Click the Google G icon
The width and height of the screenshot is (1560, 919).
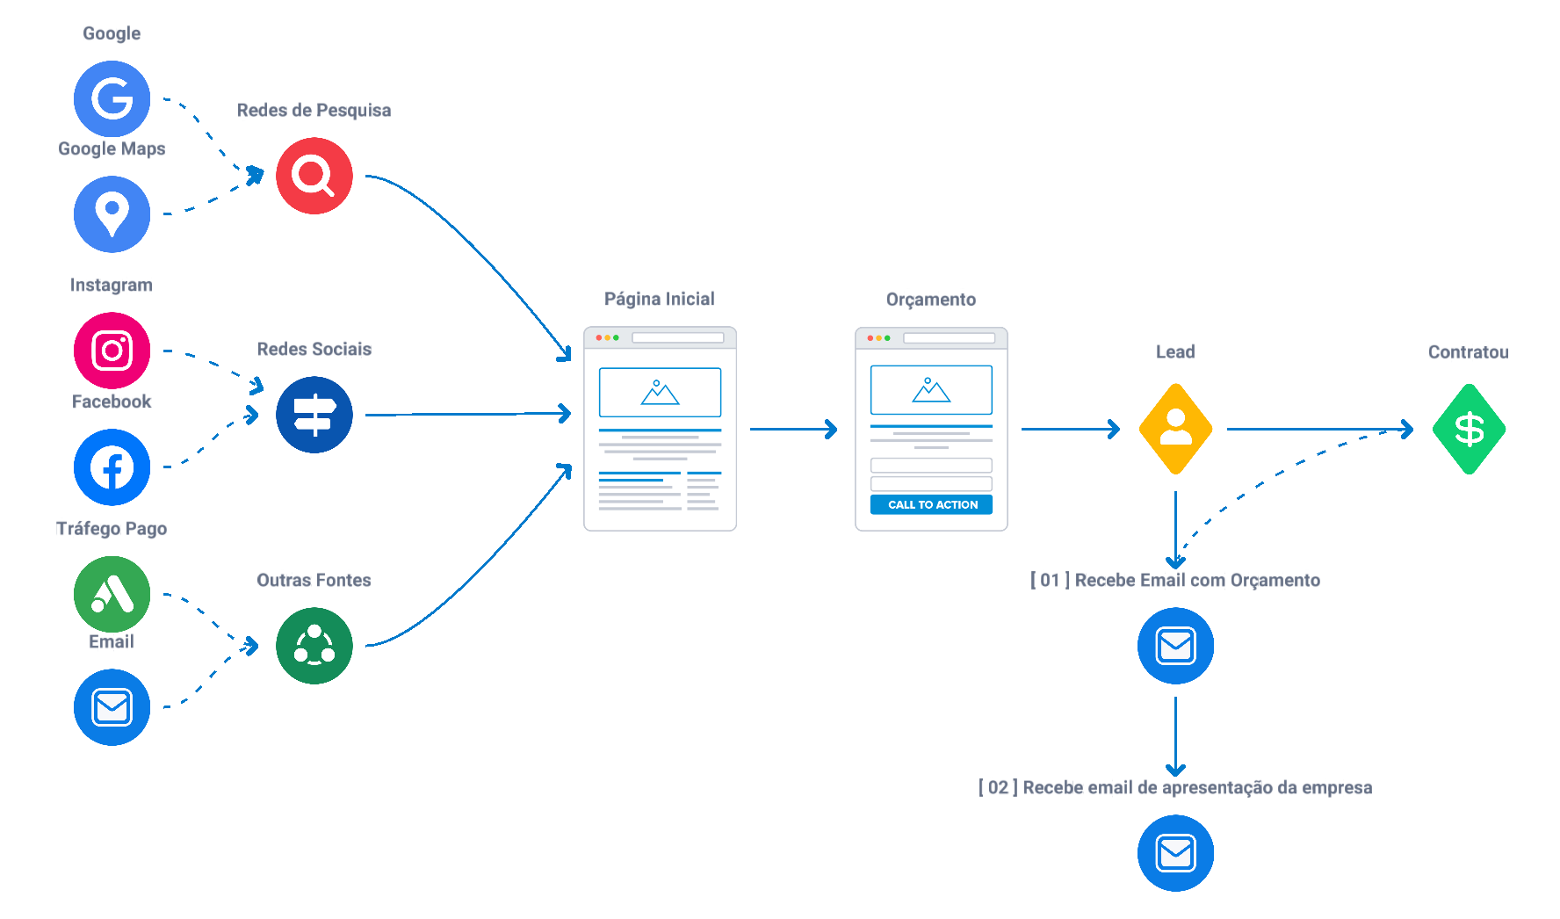pos(112,98)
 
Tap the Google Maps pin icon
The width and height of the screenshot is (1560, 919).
pos(112,213)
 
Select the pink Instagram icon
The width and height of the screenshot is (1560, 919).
pos(112,351)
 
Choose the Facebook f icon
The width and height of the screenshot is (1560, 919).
pos(112,467)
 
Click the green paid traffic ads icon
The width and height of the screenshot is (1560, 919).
pos(112,594)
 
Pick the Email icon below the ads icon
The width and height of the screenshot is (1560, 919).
pos(112,707)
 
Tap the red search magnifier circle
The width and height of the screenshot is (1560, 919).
pos(314,176)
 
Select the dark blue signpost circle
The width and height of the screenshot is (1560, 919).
pos(314,415)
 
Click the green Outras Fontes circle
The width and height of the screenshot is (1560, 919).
pos(314,646)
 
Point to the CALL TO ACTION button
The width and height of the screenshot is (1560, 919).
pos(931,504)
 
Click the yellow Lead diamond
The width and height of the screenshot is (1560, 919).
pos(1175,429)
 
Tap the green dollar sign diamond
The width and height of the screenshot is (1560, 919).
pos(1469,429)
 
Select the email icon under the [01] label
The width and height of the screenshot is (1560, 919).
pos(1175,646)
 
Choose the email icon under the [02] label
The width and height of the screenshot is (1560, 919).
pos(1175,853)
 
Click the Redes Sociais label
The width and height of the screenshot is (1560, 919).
pos(314,350)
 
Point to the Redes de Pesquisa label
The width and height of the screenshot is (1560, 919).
pos(314,111)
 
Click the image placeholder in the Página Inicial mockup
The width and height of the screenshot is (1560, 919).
pos(660,392)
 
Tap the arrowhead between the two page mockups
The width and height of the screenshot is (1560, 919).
pos(830,429)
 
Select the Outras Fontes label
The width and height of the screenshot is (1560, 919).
pos(314,580)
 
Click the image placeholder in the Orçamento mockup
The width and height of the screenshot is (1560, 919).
pos(931,389)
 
